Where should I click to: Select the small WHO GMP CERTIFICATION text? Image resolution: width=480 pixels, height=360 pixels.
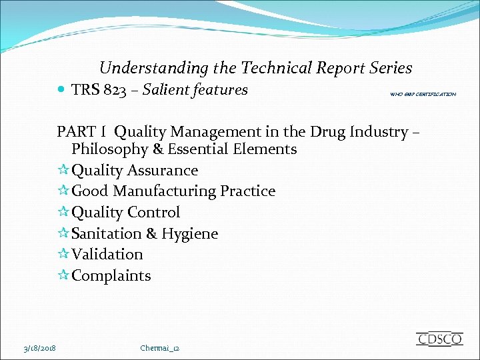pyautogui.click(x=423, y=95)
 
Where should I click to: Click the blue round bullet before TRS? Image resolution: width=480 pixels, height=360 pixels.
pyautogui.click(x=61, y=89)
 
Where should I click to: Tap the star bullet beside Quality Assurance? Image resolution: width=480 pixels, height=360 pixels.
pyautogui.click(x=63, y=171)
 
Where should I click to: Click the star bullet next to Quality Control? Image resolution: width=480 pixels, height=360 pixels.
pyautogui.click(x=63, y=213)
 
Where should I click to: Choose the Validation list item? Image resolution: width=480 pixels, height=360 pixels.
pyautogui.click(x=107, y=254)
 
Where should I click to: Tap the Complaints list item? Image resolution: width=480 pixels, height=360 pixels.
pyautogui.click(x=111, y=275)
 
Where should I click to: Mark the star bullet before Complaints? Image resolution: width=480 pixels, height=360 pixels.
pyautogui.click(x=63, y=275)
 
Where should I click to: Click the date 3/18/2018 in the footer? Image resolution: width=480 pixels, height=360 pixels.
pyautogui.click(x=40, y=348)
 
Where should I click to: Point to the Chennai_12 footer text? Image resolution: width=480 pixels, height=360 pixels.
pyautogui.click(x=160, y=348)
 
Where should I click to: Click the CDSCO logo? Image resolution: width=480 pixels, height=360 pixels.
pyautogui.click(x=439, y=339)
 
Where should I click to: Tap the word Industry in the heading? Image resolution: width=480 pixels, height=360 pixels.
pyautogui.click(x=375, y=132)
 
